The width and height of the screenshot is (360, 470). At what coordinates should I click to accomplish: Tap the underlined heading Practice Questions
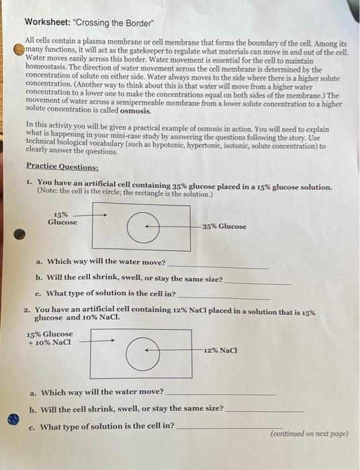point(62,166)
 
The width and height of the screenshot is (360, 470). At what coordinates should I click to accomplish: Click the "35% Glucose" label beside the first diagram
point(224,226)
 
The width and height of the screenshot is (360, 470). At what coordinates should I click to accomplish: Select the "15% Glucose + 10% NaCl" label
point(50,338)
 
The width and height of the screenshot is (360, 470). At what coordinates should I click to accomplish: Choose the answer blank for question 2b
point(265,410)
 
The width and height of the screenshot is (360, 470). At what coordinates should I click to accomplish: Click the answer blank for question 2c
point(228,428)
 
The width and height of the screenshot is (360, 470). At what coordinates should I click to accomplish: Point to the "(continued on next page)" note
point(309,434)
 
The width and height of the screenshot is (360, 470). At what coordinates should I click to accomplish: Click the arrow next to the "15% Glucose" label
point(94,215)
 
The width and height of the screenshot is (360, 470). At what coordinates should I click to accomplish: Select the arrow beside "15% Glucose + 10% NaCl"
point(101,339)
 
